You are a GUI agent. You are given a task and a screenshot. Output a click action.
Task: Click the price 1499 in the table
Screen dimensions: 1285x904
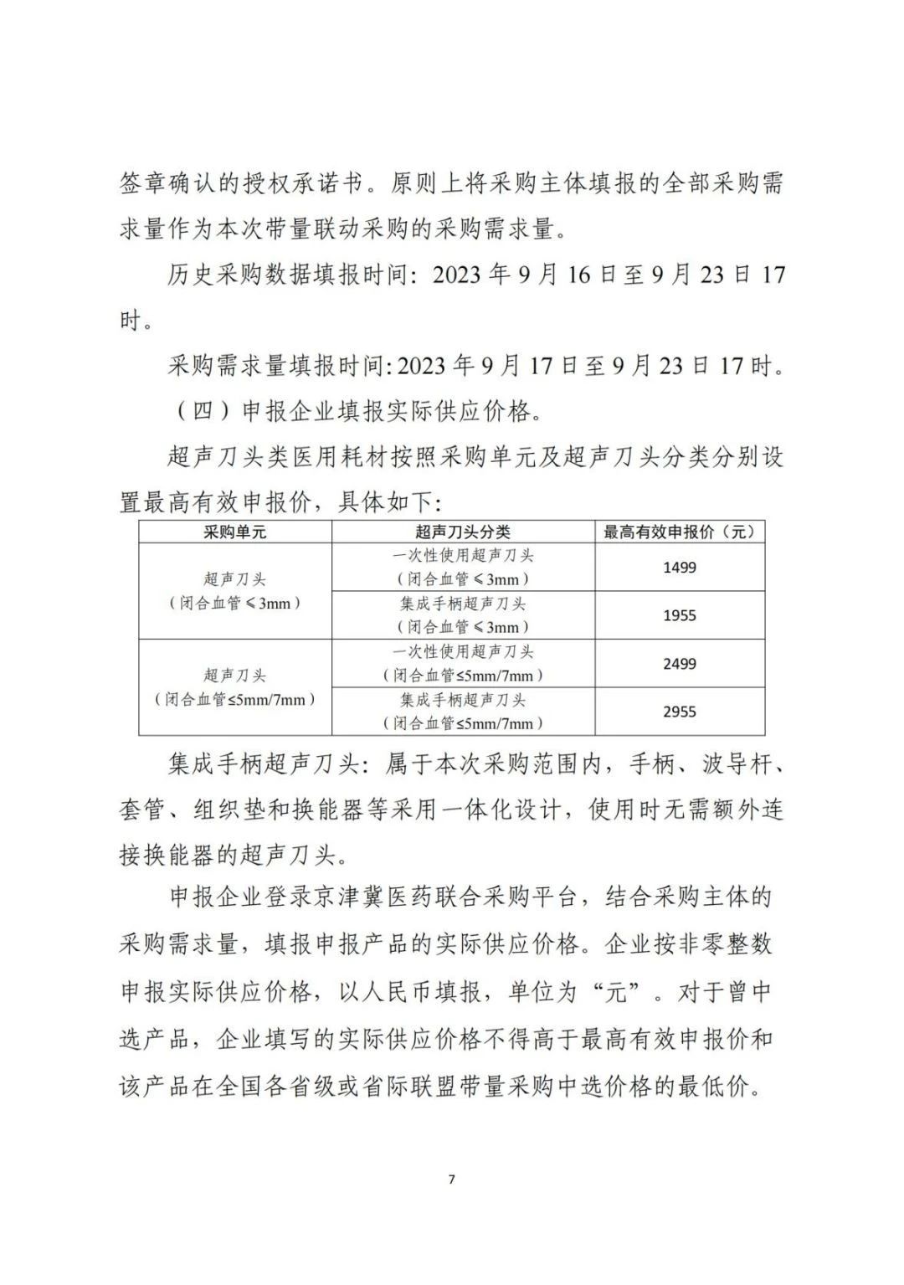[x=679, y=568]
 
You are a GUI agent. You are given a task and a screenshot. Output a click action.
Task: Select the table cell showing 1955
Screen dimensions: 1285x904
[x=679, y=615]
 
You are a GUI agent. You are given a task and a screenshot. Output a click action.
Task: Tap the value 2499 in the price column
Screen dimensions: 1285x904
[x=679, y=664]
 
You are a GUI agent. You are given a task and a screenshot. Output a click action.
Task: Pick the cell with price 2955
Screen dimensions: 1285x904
[x=679, y=712]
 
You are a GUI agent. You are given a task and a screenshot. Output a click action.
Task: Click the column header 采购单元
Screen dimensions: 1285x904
[x=235, y=532]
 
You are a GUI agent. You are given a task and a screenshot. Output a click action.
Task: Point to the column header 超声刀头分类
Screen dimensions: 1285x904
[x=463, y=532]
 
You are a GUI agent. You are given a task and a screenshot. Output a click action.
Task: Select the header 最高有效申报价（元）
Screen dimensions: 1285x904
[x=679, y=532]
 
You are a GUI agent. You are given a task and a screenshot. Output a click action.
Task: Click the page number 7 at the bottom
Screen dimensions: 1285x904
[x=452, y=1180]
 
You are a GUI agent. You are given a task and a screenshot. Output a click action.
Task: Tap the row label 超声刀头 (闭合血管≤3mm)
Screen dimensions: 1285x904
[x=235, y=591]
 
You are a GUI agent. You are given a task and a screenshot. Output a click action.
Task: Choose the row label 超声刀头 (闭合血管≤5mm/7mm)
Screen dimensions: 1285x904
[x=235, y=687]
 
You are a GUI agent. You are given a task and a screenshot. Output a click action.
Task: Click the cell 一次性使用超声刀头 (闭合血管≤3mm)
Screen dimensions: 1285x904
[x=463, y=567]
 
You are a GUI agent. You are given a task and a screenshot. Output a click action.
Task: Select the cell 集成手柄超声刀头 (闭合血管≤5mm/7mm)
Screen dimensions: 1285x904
[x=463, y=712]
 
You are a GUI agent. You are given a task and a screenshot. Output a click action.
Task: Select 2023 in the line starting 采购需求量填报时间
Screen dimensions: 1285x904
[x=424, y=366]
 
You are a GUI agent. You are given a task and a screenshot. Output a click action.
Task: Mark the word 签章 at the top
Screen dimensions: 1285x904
[x=144, y=183]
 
